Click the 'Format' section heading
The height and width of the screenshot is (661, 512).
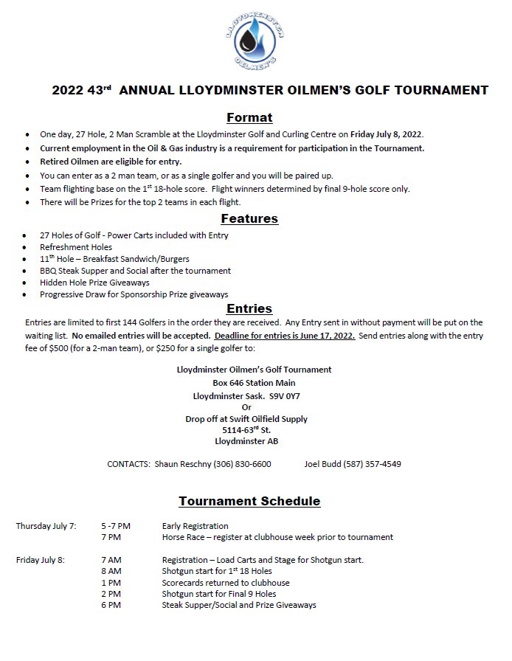tap(249, 117)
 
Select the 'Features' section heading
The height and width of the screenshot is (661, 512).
tap(249, 218)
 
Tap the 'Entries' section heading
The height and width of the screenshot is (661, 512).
tap(249, 308)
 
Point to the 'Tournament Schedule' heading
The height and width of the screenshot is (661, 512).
tap(249, 501)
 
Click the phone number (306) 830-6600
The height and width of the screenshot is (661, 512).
tap(242, 464)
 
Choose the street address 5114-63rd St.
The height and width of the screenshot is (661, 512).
tap(246, 429)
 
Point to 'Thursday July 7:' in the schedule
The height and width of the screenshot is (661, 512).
tap(46, 526)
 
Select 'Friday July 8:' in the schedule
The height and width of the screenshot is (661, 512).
tap(41, 560)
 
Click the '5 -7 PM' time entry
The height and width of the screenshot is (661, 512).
tap(116, 526)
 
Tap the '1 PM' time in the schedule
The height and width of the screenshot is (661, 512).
tap(111, 582)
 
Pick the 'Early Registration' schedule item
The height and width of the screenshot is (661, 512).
tap(195, 526)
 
